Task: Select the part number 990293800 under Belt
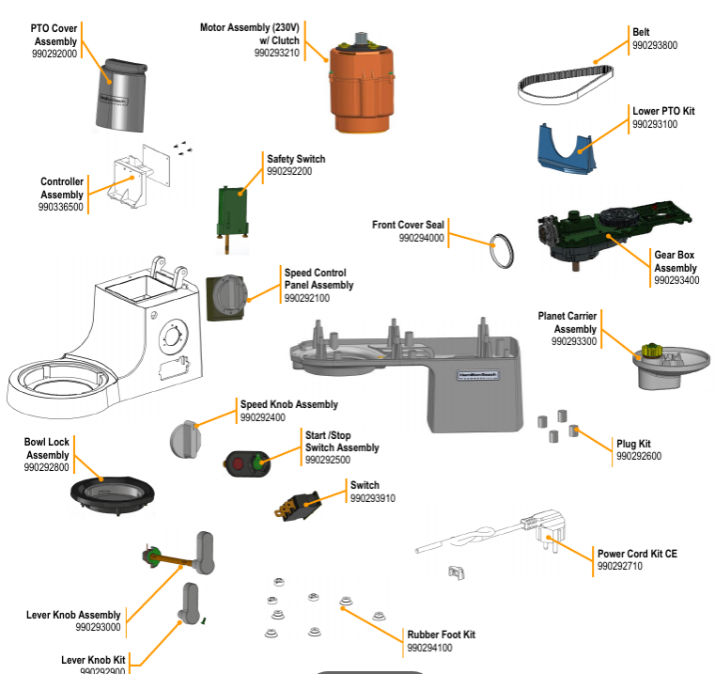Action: tap(655, 45)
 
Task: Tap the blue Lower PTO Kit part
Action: tap(567, 149)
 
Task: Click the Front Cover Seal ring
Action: tap(502, 251)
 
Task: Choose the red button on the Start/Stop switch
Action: tap(238, 464)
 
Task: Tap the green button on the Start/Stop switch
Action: tap(257, 462)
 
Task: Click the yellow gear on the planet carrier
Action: tap(652, 351)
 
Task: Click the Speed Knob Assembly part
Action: tap(185, 439)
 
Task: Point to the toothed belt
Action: tap(566, 85)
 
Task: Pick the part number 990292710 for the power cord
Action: tap(620, 566)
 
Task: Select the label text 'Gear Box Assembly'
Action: tap(675, 261)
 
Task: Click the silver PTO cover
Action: tap(121, 96)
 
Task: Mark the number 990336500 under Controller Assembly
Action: tap(61, 207)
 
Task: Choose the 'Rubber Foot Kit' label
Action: tap(441, 635)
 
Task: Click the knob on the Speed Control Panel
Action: tap(230, 295)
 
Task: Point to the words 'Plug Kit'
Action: tap(633, 444)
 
